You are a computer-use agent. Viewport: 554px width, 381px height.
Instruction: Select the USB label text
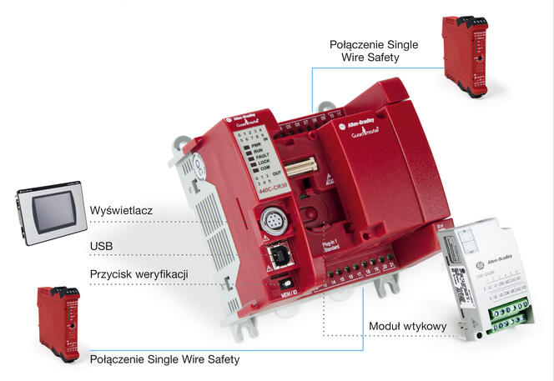tap(102, 247)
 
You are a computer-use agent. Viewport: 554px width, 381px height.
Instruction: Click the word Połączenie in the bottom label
tap(122, 359)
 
